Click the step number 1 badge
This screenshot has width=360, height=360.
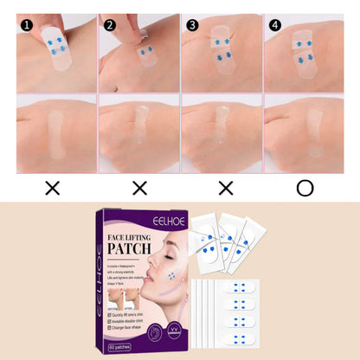coord(26,26)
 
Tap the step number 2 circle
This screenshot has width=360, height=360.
coord(109,26)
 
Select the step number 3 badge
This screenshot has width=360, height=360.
coord(192,26)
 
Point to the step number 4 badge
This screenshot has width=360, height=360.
coord(274,26)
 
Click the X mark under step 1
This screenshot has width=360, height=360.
coord(53,187)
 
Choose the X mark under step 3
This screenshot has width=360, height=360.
coord(222,187)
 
